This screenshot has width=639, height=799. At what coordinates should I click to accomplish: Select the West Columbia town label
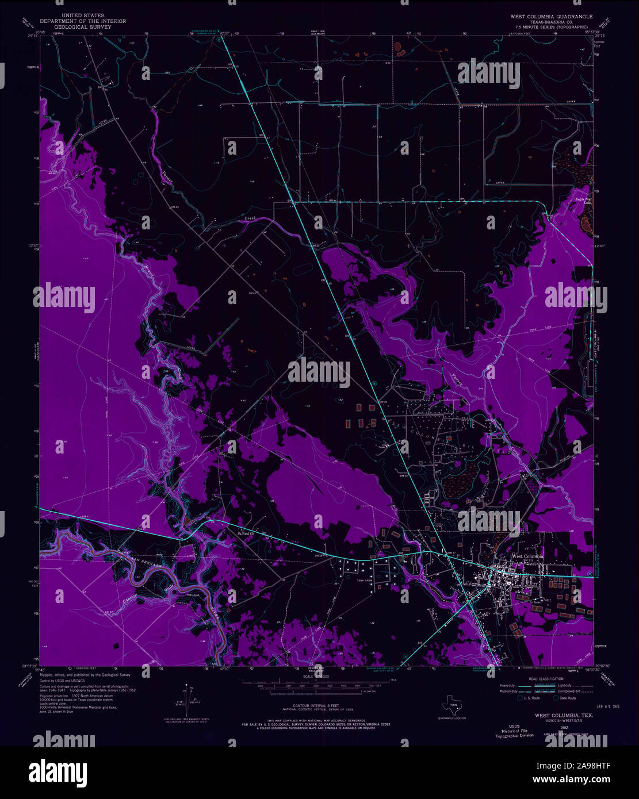pos(528,556)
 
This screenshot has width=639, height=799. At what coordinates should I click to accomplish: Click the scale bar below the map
pos(322,684)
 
